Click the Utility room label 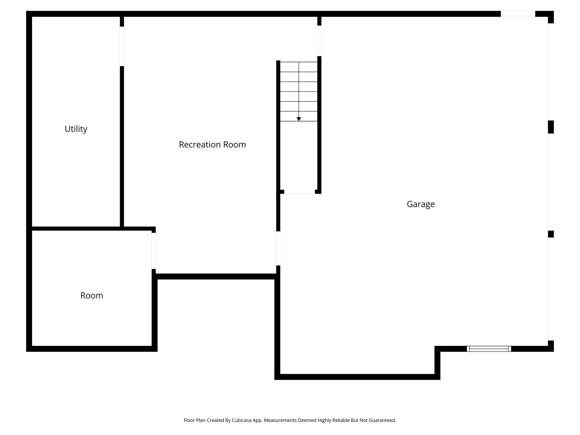click(76, 129)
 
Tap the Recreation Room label click(212, 144)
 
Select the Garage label click(421, 204)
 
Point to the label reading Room click(91, 295)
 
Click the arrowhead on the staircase click(298, 119)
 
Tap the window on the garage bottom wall click(489, 349)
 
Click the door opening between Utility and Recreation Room click(122, 46)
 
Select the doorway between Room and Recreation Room click(153, 251)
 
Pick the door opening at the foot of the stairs click(299, 192)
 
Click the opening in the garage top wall click(518, 14)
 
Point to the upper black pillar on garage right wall click(551, 127)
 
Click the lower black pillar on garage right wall click(551, 234)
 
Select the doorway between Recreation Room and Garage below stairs click(278, 248)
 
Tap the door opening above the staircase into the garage click(319, 41)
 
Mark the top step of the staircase click(298, 67)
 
